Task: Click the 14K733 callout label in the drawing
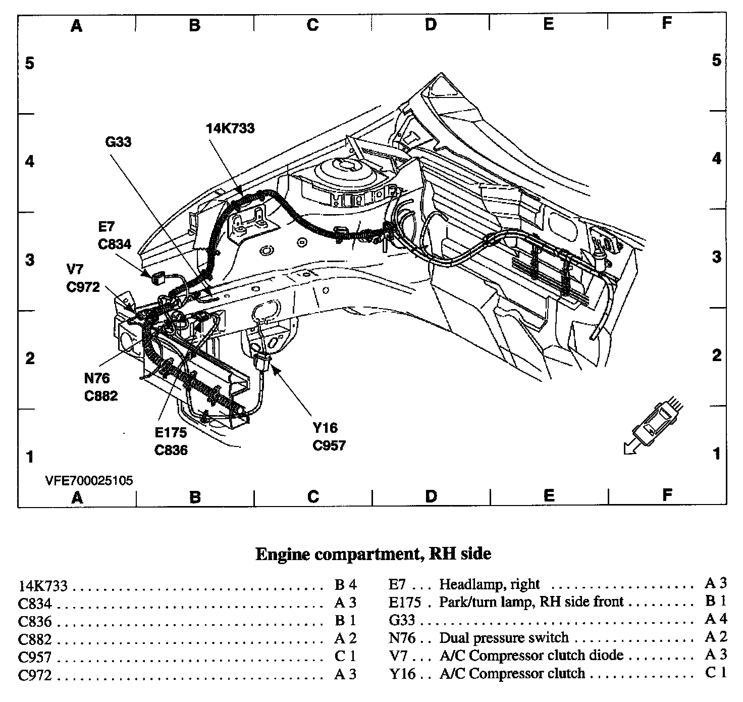230,128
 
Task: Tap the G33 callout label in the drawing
118,142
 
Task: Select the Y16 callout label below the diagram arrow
324,428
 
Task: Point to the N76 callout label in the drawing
97,378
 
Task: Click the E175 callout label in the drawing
171,432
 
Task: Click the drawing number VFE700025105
89,480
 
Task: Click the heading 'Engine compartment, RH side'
373,554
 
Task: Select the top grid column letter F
667,23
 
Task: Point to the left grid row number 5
30,64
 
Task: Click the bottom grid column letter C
312,496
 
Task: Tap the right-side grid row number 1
717,454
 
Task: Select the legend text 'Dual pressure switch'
504,638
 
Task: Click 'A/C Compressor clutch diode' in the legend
531,656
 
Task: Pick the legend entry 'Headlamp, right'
489,584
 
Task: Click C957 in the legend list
35,658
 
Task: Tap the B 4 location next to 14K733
345,585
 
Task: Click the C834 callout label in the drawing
115,244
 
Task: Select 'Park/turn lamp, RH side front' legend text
531,602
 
